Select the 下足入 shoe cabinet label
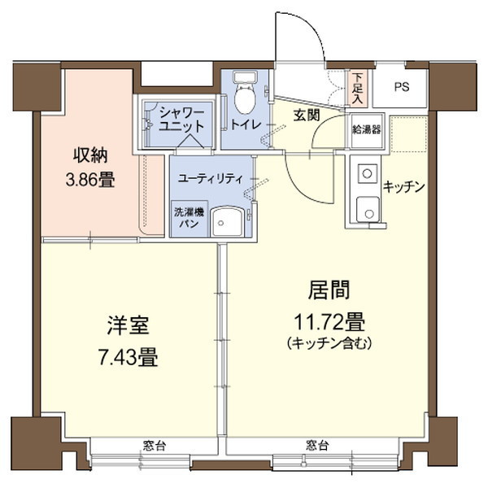[359, 89]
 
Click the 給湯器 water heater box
[366, 129]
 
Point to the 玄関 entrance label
[307, 117]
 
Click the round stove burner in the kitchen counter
[367, 173]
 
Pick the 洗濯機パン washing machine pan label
[186, 217]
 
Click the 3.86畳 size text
[89, 180]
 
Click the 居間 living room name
[329, 290]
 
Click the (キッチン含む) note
[329, 343]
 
